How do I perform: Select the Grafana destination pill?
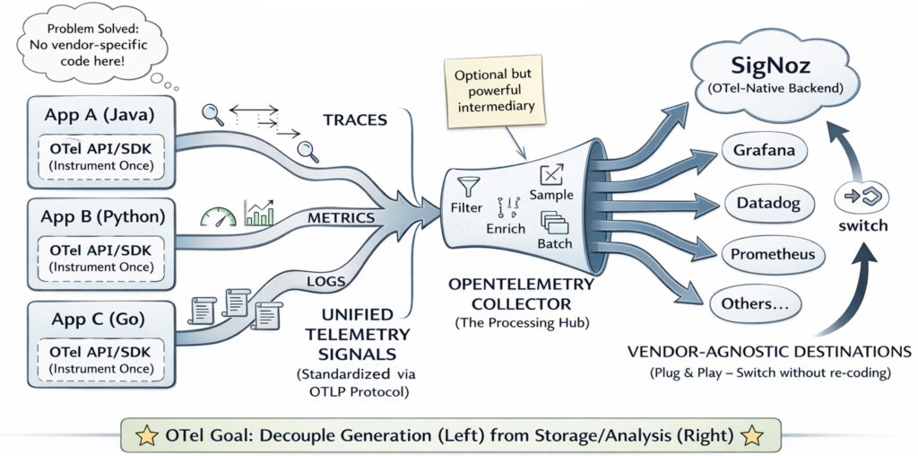click(764, 150)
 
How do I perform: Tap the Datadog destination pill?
click(768, 203)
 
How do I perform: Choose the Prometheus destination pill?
click(773, 254)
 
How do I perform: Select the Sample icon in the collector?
click(550, 177)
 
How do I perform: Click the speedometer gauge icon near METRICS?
click(217, 217)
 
